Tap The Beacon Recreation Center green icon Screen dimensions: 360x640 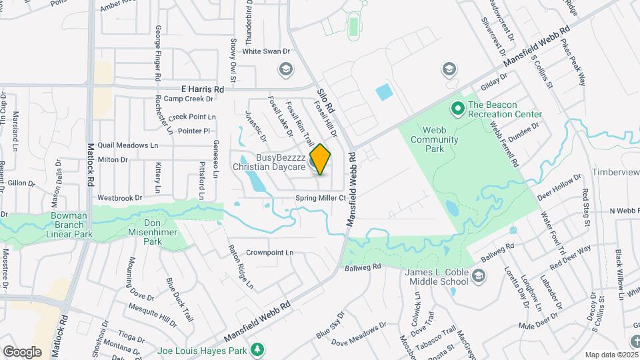tap(457, 107)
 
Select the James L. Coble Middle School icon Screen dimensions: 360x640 tap(478, 275)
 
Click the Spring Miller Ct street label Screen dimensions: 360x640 tap(321, 198)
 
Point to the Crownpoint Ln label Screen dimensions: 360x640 tap(270, 253)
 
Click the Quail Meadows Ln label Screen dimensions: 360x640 tap(128, 145)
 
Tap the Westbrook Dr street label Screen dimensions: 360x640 tap(120, 197)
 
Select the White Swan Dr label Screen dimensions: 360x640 tap(267, 51)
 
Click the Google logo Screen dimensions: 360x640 tap(22, 351)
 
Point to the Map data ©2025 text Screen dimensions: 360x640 tap(611, 355)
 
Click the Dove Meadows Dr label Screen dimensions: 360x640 tap(359, 335)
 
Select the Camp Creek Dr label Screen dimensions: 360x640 tap(188, 99)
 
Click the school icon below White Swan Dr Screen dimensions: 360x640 tap(285, 69)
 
